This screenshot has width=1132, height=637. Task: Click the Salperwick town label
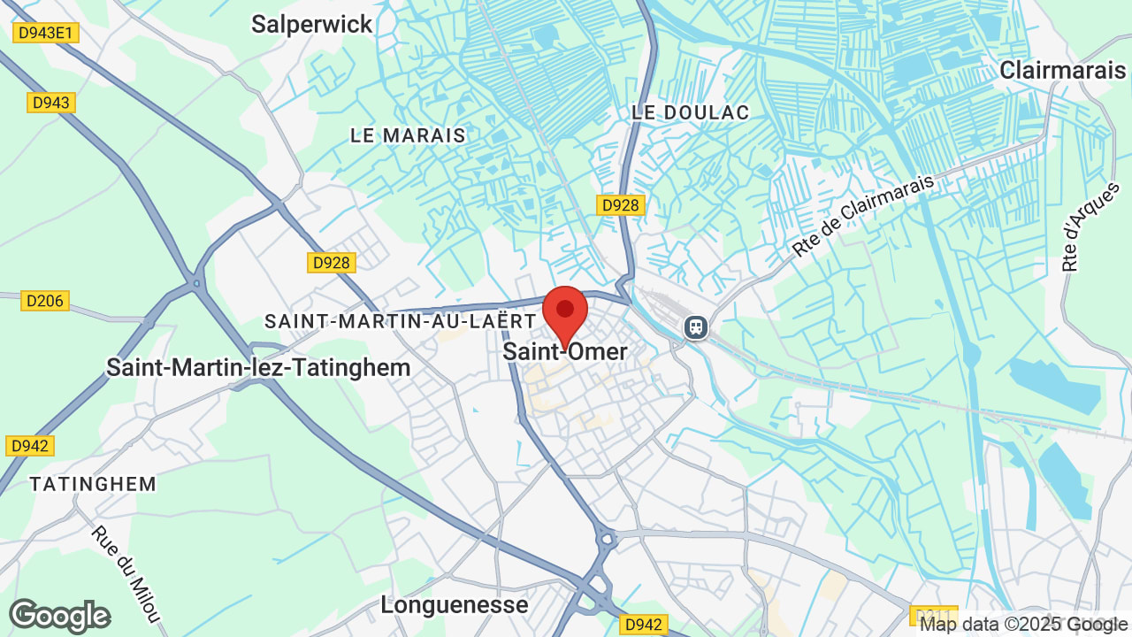pyautogui.click(x=311, y=24)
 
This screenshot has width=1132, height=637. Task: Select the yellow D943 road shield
pyautogui.click(x=50, y=103)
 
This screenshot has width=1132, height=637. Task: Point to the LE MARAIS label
pyautogui.click(x=408, y=135)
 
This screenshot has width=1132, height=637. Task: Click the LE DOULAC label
pyautogui.click(x=691, y=112)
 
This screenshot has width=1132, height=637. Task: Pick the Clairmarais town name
pyautogui.click(x=1062, y=71)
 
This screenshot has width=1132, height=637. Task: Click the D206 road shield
pyautogui.click(x=45, y=301)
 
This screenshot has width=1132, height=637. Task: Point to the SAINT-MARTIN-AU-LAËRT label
pyautogui.click(x=401, y=321)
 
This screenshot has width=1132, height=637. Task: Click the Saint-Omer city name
pyautogui.click(x=565, y=351)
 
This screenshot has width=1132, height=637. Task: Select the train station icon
pyautogui.click(x=696, y=327)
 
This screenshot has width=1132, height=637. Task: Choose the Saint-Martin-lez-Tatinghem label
pyautogui.click(x=258, y=367)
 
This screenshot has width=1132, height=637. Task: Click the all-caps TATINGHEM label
pyautogui.click(x=93, y=484)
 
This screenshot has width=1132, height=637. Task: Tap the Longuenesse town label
pyautogui.click(x=454, y=605)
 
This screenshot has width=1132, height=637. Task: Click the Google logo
pyautogui.click(x=59, y=616)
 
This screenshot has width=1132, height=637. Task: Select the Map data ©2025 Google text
pyautogui.click(x=1023, y=624)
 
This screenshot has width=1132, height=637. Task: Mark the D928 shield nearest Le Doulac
pyautogui.click(x=620, y=205)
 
